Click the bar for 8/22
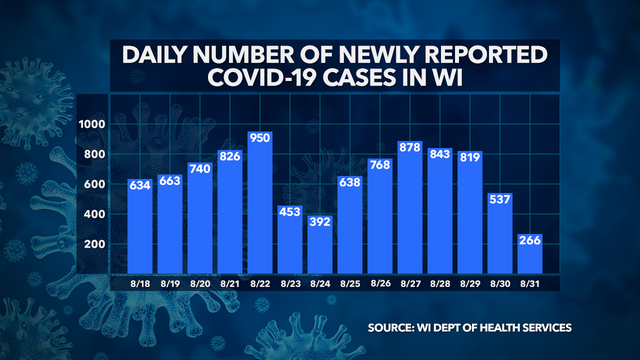[x=260, y=200]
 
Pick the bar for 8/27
[x=410, y=206]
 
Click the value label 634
[x=141, y=185]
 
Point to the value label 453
[x=290, y=212]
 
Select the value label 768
[x=380, y=165]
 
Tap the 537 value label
[x=499, y=200]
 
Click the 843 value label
[x=440, y=154]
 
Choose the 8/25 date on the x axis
[x=350, y=283]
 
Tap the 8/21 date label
[x=230, y=283]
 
